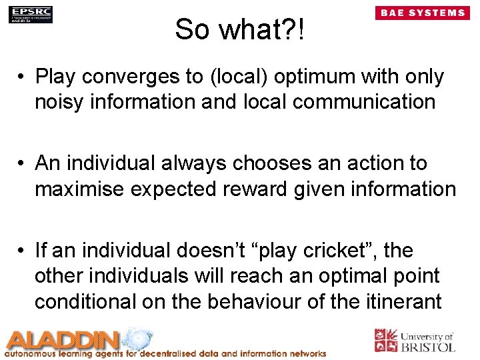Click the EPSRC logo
(x=31, y=14)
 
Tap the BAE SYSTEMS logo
(x=422, y=13)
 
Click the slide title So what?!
(x=239, y=29)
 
